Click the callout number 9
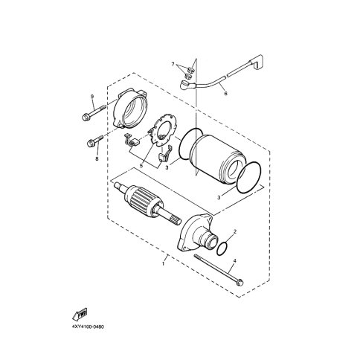click(92, 97)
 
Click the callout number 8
click(97, 158)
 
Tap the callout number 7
click(173, 65)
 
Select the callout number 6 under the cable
click(225, 94)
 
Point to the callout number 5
click(141, 166)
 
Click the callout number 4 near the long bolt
click(235, 260)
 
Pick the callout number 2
click(235, 231)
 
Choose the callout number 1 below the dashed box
click(164, 264)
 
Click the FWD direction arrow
click(80, 314)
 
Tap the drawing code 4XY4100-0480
click(88, 327)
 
